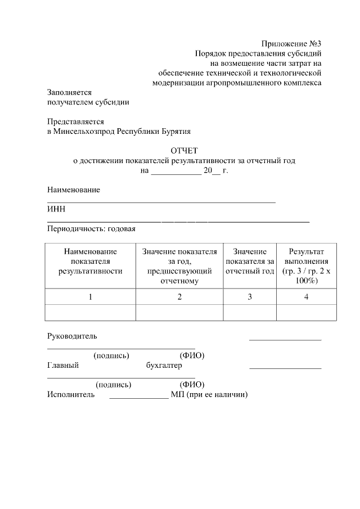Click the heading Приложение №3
pos(291,44)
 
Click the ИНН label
pos(56,209)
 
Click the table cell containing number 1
pos(90,296)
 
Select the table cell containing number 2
pos(179,296)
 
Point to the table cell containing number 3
pos(250,296)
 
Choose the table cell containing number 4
pos(306,296)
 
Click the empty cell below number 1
pos(90,312)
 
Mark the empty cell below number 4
pos(306,312)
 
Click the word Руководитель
pos(71,336)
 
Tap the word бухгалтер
pos(164,366)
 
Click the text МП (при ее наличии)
pos(209,395)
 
